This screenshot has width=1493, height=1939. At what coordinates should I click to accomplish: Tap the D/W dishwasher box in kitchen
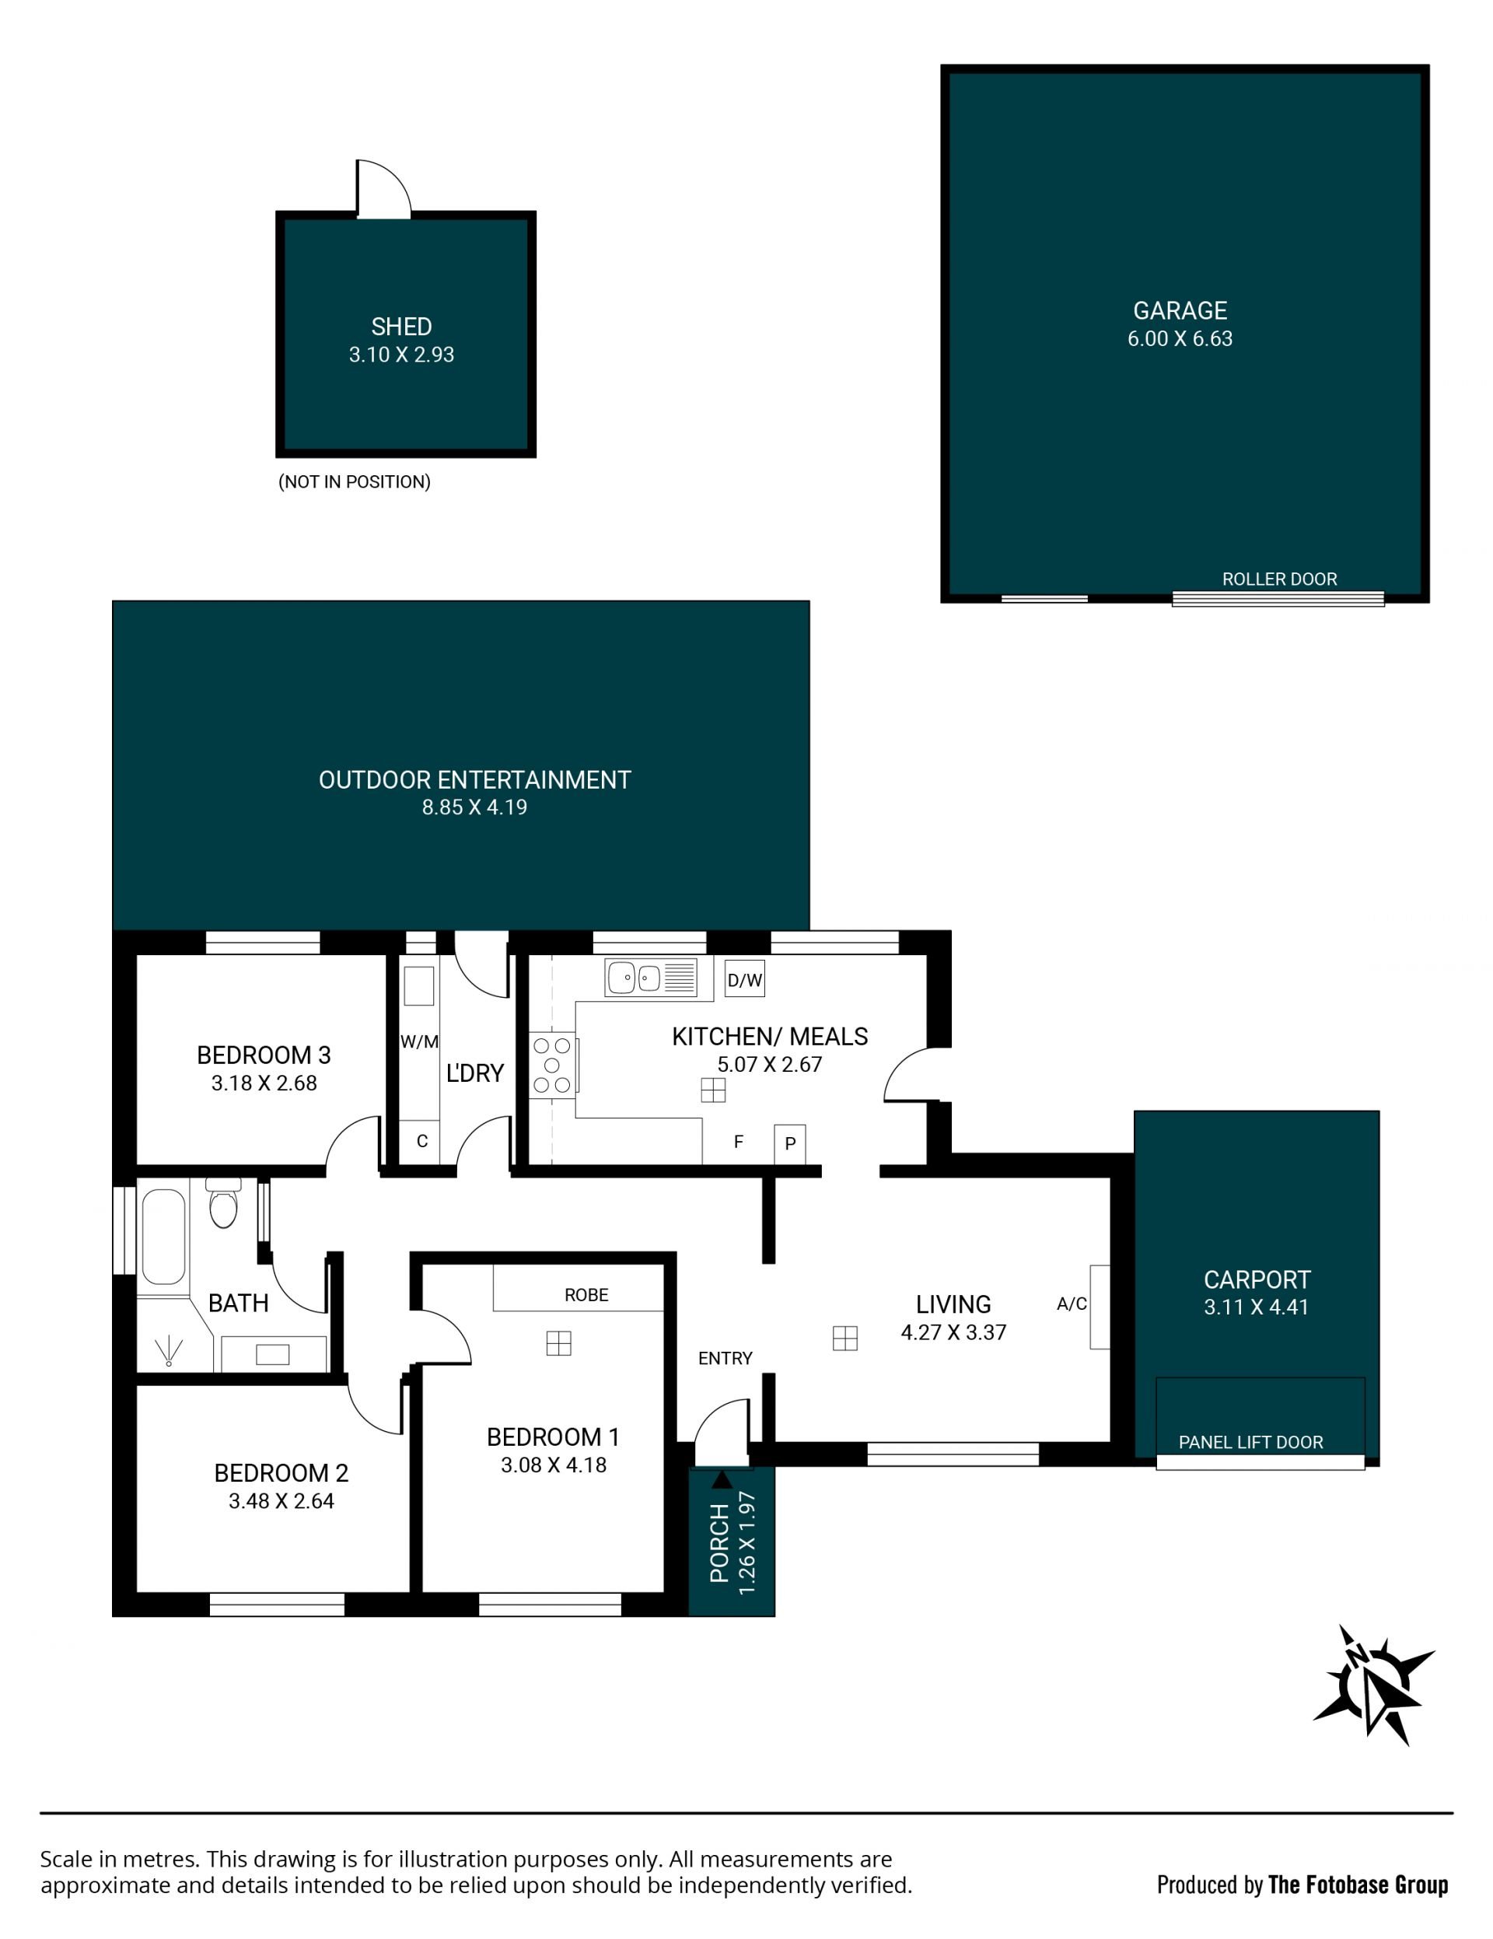[x=744, y=980]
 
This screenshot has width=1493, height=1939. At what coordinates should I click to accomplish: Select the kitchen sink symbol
[x=651, y=978]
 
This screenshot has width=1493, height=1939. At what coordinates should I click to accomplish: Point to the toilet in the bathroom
[x=223, y=1203]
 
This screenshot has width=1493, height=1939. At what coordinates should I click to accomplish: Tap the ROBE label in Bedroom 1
[x=587, y=1295]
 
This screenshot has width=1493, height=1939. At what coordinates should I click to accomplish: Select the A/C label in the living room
[x=1072, y=1304]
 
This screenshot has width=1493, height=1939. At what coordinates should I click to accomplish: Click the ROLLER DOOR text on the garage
[x=1279, y=579]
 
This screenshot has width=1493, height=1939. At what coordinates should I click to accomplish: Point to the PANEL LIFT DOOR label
[x=1250, y=1443]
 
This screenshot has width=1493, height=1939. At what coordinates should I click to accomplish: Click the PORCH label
[x=719, y=1543]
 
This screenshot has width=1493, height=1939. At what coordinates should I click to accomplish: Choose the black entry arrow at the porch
[x=722, y=1479]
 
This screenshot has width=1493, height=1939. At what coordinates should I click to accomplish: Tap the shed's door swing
[x=383, y=189]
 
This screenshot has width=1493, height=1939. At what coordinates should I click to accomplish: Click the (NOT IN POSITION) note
[x=354, y=482]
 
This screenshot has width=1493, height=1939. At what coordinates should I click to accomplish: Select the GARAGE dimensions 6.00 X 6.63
[x=1180, y=338]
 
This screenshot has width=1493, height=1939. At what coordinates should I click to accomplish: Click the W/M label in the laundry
[x=419, y=1042]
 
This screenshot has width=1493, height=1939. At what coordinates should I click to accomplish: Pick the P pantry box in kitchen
[x=790, y=1143]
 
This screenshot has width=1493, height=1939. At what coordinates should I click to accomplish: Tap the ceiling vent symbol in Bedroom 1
[x=558, y=1343]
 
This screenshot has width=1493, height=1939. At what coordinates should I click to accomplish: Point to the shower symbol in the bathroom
[x=168, y=1350]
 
